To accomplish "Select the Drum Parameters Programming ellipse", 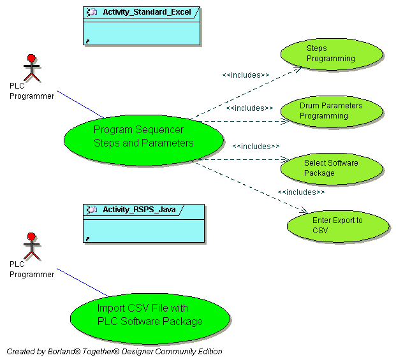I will pos(332,111).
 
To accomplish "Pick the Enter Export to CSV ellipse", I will pos(338,226).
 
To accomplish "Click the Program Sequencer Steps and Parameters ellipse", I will pos(144,137).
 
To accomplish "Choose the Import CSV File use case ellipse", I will pos(149,315).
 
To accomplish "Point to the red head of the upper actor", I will pos(31,58).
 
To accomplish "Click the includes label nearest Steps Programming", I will pos(246,75).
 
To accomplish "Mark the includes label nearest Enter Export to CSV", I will pos(301,192).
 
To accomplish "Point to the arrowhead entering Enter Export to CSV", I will pos(304,210).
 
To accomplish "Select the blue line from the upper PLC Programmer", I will pos(80,104).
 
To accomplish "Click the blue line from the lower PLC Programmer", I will pos(83,282).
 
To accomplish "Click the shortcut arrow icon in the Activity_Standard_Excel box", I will pos(87,41).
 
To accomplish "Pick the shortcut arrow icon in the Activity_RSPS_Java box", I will pos(87,239).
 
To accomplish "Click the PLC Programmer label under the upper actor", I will pos(32,90).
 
